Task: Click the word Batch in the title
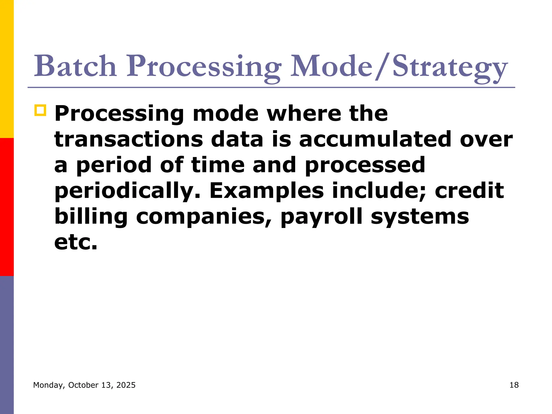75,66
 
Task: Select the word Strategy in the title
450,67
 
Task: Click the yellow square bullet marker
40,111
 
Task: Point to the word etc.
75,242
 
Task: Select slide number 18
514,385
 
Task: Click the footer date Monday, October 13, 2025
84,385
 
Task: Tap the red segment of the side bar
7,207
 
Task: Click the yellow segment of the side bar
7,69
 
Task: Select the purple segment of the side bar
7,345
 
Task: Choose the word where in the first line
304,113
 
